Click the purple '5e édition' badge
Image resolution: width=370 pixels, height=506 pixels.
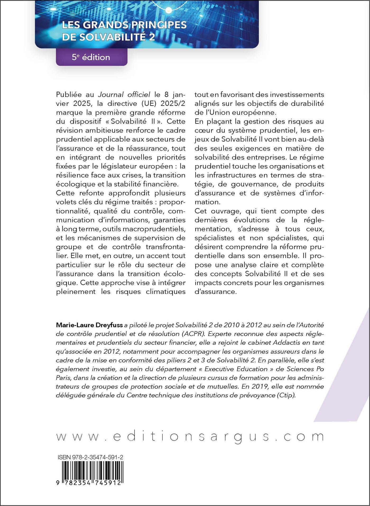[91, 57]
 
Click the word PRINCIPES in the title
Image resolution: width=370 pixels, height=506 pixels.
[158, 25]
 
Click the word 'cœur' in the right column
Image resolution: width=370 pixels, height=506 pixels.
[205, 130]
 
